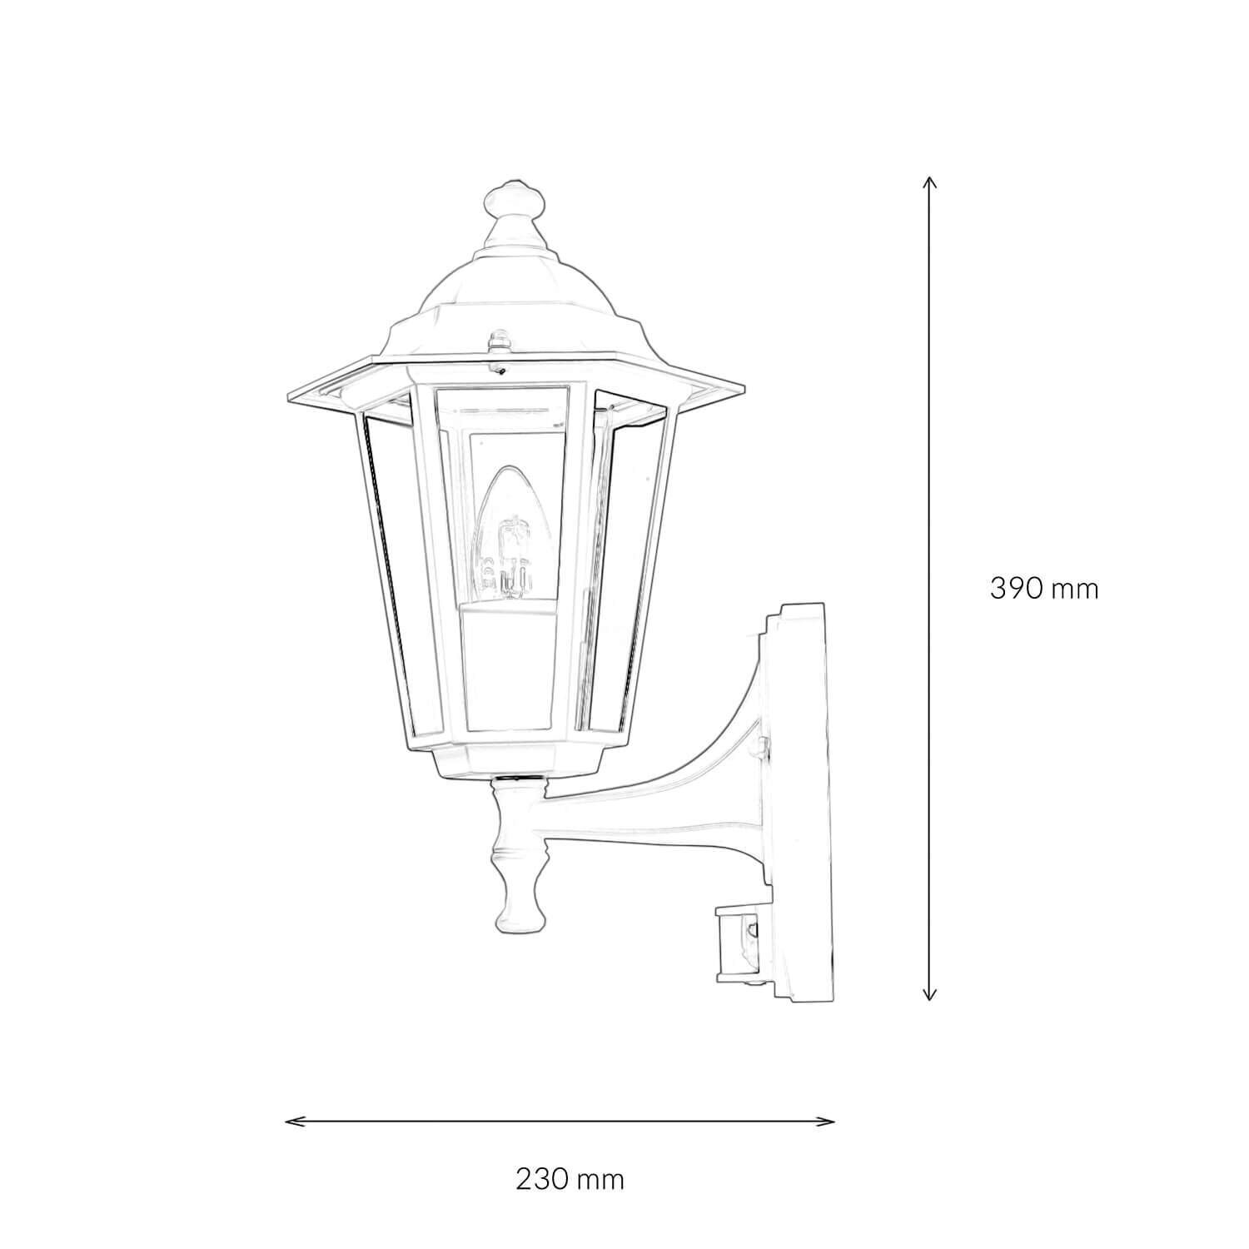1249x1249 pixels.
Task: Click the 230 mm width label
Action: click(570, 1179)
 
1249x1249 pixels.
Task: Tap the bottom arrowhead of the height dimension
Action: click(931, 996)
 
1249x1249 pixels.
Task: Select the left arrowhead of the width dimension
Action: click(289, 1121)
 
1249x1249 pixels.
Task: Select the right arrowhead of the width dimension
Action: click(831, 1121)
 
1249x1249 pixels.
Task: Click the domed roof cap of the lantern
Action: click(515, 291)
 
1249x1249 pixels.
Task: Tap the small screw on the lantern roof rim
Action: click(499, 341)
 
